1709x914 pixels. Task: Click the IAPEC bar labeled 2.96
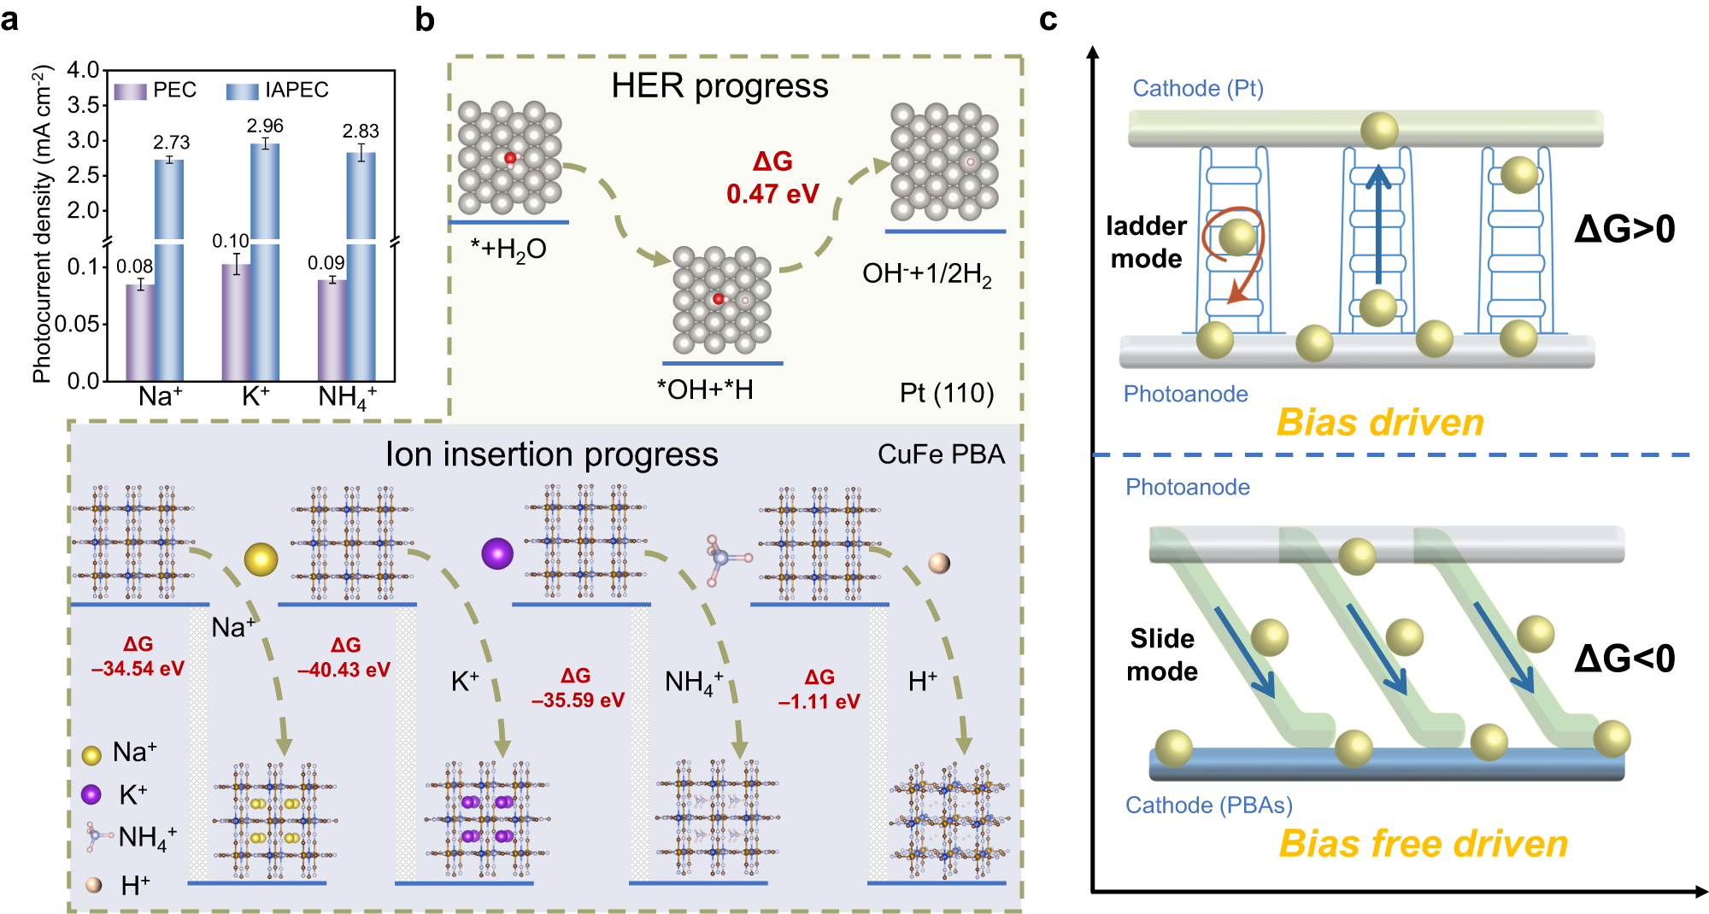click(x=265, y=256)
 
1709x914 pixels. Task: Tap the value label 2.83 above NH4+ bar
click(x=361, y=131)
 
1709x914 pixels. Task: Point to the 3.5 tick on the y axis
click(x=83, y=105)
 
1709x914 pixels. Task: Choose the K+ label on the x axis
click(x=255, y=396)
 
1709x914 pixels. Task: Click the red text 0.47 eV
click(x=772, y=194)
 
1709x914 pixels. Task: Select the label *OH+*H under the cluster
click(x=705, y=390)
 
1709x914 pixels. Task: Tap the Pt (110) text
click(x=947, y=393)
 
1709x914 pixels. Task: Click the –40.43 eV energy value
click(x=344, y=670)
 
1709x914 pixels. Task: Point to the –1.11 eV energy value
click(x=819, y=701)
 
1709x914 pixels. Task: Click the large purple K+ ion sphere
click(x=497, y=554)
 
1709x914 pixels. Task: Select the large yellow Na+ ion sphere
click(x=261, y=560)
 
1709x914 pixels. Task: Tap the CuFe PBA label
click(x=941, y=454)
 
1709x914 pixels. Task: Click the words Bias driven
click(x=1380, y=422)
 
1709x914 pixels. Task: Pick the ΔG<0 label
click(x=1624, y=659)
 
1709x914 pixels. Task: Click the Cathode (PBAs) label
click(x=1208, y=805)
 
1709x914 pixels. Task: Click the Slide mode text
click(x=1162, y=654)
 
